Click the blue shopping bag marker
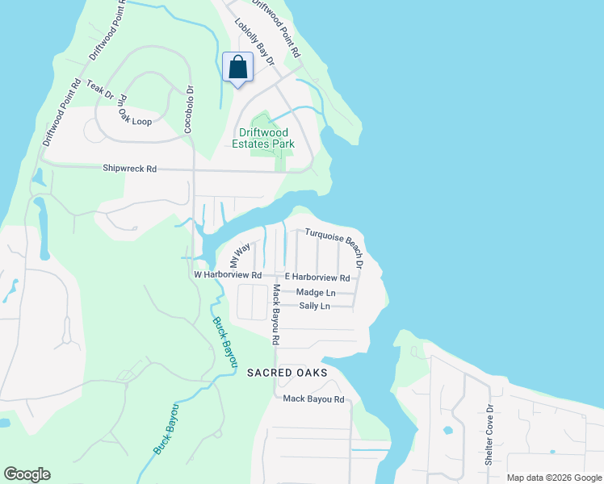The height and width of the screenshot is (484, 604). [x=238, y=69]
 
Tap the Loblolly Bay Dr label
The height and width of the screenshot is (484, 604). [x=255, y=43]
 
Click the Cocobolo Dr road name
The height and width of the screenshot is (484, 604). [x=191, y=110]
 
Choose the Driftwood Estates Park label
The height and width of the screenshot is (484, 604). [x=266, y=138]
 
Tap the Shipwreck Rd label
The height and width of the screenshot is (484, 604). [x=129, y=169]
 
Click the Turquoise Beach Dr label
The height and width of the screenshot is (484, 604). [x=335, y=248]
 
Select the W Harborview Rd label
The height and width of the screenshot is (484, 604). [x=229, y=275]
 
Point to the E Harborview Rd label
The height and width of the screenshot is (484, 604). [x=317, y=277]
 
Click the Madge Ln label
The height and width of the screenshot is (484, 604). [x=316, y=293]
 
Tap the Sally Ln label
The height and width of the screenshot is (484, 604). [x=315, y=307]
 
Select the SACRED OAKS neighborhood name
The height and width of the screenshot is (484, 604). [x=287, y=373]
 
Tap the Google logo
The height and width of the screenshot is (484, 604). [x=27, y=474]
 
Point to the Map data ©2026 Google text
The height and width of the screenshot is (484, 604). [x=552, y=478]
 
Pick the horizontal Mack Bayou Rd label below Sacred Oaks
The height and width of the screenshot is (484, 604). [x=313, y=399]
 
